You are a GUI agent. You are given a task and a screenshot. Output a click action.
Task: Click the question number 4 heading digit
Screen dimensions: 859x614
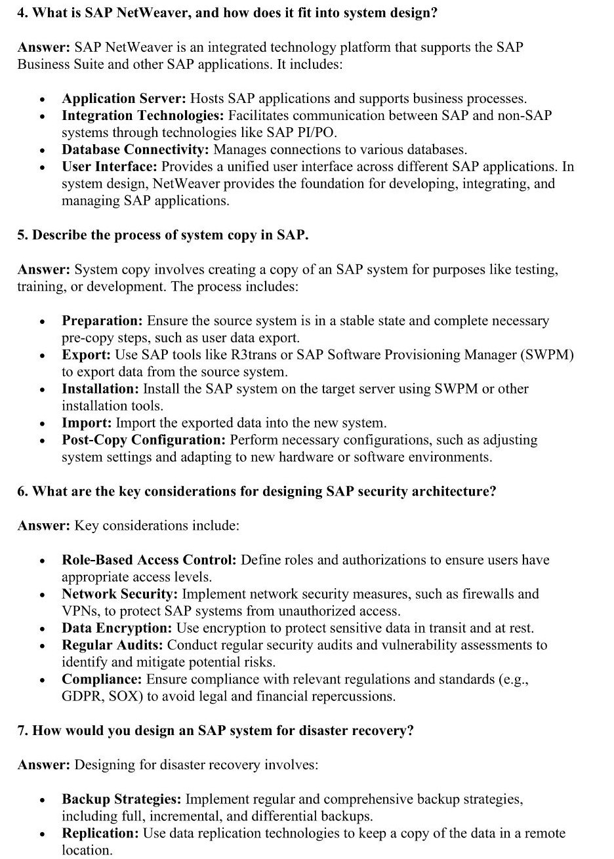21,13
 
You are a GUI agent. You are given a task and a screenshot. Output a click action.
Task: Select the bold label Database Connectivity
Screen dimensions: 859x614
136,150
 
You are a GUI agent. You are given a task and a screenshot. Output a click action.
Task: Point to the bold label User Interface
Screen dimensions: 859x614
110,167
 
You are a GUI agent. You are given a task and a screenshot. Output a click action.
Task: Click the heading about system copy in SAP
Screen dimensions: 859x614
163,235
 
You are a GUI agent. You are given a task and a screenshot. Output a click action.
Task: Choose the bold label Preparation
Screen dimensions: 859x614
102,321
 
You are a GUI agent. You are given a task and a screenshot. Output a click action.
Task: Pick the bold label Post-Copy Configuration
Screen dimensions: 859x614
144,440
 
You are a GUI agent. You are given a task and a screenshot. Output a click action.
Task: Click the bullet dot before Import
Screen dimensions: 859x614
42,424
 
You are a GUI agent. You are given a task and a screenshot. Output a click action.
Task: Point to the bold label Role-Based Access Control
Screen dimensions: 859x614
149,560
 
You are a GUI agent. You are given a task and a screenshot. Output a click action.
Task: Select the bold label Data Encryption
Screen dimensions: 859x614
116,628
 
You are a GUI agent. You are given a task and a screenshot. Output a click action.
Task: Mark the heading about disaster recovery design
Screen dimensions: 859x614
216,730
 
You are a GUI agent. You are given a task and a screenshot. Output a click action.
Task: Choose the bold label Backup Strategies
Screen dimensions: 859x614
121,799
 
